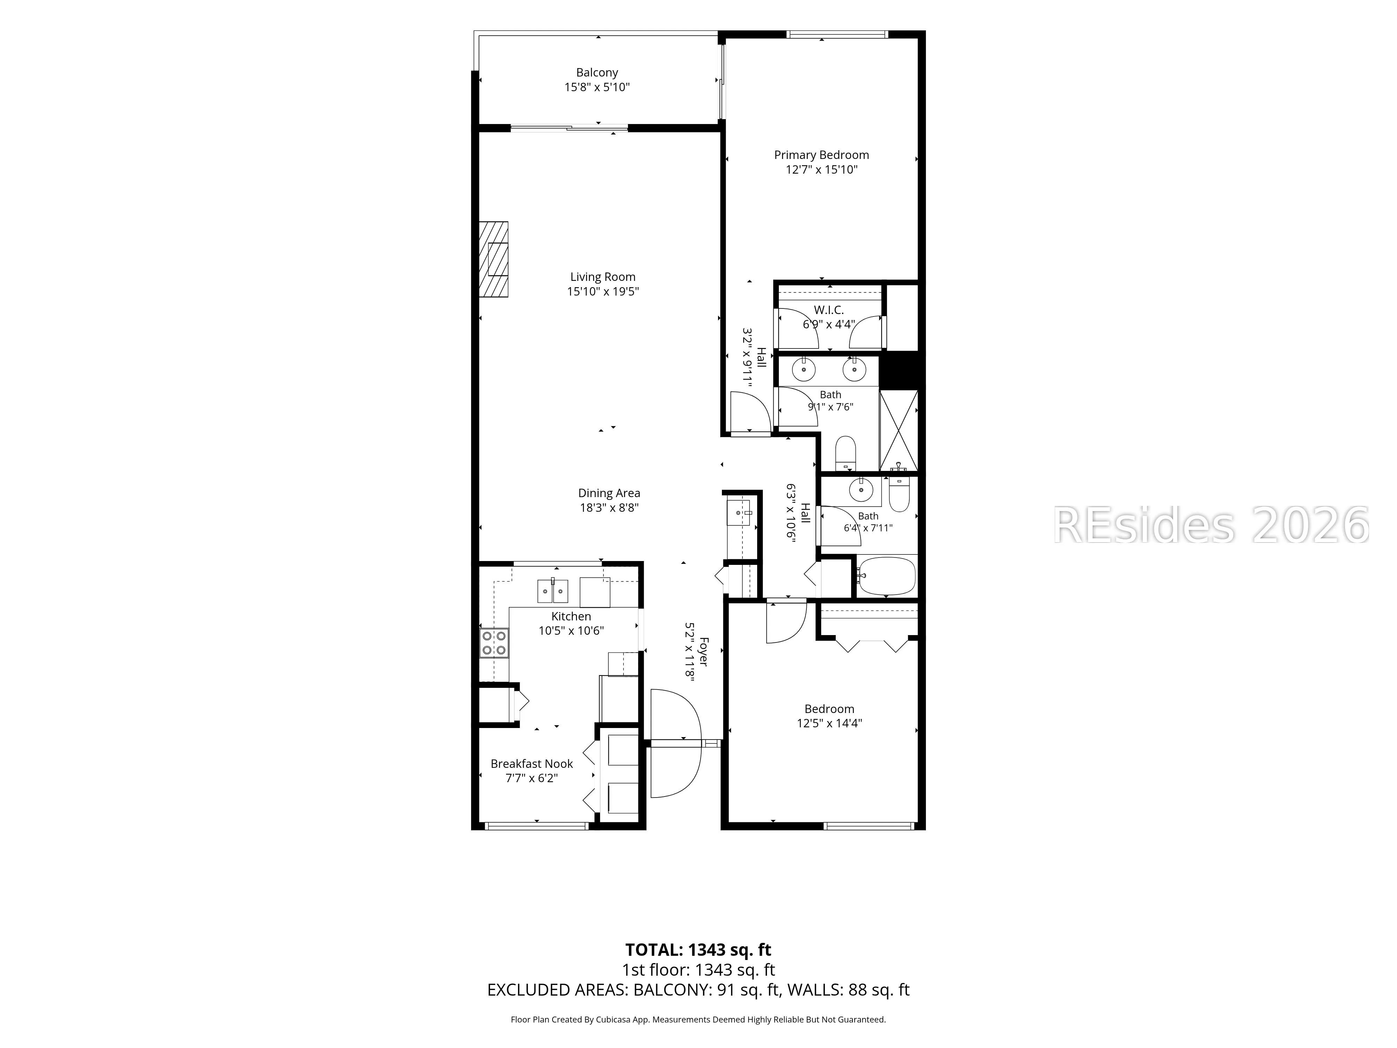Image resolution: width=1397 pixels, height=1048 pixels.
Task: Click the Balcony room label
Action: [x=597, y=73]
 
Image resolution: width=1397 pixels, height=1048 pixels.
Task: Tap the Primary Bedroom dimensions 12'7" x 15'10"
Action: [x=821, y=169]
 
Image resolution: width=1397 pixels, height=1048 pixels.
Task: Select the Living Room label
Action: [x=602, y=277]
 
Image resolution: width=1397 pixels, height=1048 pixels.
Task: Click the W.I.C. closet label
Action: [x=829, y=310]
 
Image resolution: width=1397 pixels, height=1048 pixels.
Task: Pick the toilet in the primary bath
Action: [x=845, y=453]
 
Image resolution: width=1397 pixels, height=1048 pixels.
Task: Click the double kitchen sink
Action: [x=553, y=591]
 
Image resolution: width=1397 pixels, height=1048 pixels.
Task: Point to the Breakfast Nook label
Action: [x=532, y=764]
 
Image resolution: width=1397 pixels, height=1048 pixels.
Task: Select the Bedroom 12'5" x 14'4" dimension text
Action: [x=829, y=723]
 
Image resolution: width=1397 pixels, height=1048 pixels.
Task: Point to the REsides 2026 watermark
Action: [x=1211, y=525]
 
